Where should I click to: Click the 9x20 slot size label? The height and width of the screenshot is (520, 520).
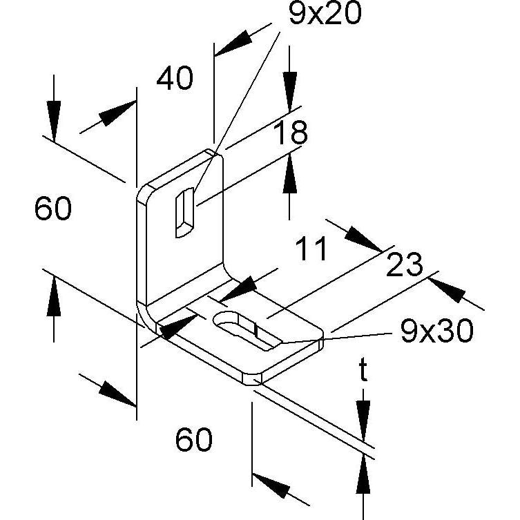click(x=325, y=13)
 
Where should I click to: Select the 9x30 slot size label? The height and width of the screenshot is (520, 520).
click(x=436, y=331)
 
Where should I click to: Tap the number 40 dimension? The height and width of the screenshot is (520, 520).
click(x=175, y=78)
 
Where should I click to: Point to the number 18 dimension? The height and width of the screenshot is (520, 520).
click(x=291, y=133)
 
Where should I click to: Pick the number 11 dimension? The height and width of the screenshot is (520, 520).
click(x=311, y=249)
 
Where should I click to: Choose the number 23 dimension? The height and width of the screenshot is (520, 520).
click(x=405, y=264)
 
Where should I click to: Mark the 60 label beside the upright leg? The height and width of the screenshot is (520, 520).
click(x=53, y=209)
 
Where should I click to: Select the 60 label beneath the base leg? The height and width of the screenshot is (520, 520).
click(x=193, y=439)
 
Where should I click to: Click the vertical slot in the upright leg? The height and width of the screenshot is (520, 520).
click(x=184, y=213)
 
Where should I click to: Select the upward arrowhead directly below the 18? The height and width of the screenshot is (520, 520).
click(x=290, y=173)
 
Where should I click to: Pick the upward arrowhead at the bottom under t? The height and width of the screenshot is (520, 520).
click(x=363, y=474)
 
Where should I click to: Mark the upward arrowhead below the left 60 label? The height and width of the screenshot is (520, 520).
click(x=54, y=297)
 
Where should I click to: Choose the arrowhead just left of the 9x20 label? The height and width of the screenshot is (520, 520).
click(x=233, y=43)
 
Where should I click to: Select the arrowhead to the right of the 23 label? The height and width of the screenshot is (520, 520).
click(x=446, y=290)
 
